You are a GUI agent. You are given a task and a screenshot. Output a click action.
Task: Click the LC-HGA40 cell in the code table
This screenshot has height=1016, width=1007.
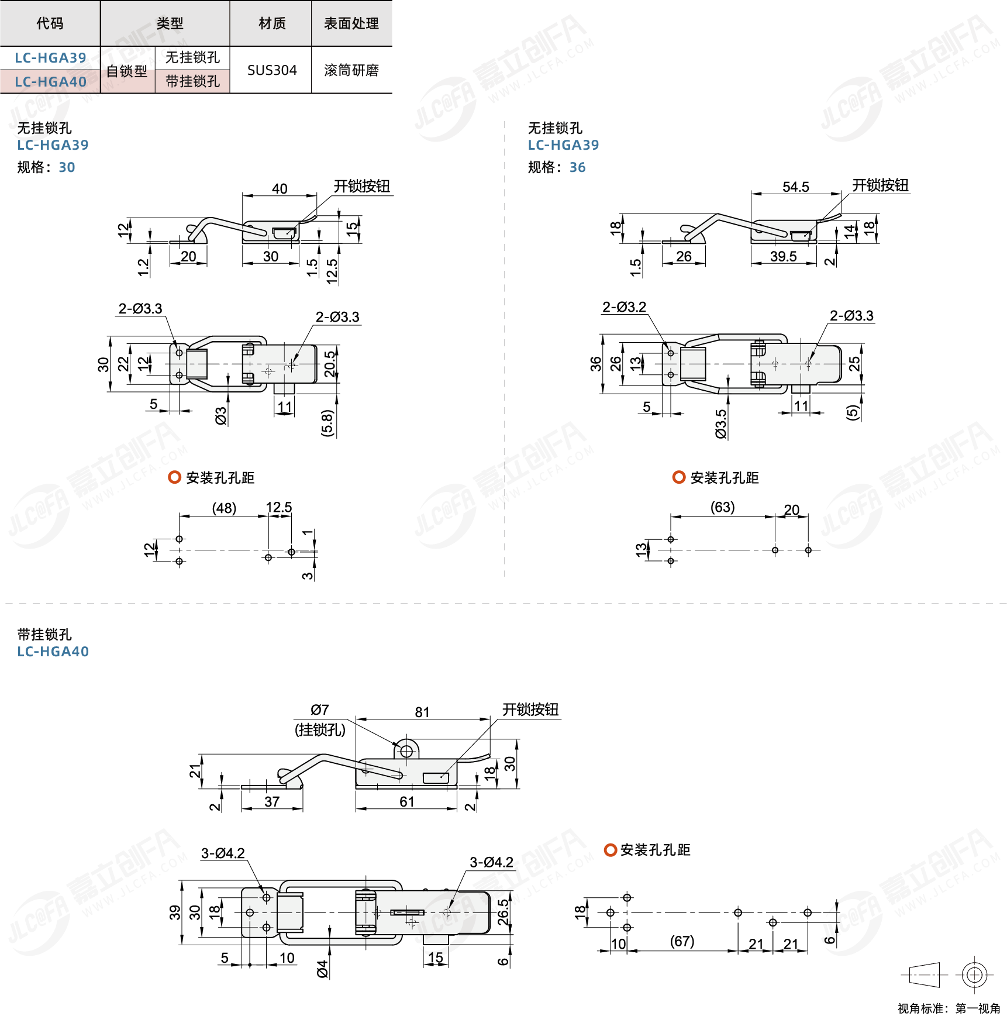click(50, 82)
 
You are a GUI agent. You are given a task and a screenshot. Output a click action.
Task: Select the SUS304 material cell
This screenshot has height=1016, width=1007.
click(272, 70)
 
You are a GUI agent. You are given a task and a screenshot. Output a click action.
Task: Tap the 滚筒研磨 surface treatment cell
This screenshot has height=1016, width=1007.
click(351, 70)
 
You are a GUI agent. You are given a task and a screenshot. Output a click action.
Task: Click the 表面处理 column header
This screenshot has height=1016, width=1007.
click(351, 23)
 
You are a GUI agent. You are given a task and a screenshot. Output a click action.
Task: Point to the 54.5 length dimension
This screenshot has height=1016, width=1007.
click(795, 187)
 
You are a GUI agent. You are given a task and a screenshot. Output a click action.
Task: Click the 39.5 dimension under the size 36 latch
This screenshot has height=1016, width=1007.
click(783, 257)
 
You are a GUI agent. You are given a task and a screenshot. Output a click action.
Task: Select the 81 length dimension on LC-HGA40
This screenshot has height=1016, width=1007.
click(422, 712)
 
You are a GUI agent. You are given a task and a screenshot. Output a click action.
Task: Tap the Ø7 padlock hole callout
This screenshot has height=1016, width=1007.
click(320, 710)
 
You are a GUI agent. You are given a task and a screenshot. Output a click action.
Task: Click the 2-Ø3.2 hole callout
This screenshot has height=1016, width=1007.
click(624, 307)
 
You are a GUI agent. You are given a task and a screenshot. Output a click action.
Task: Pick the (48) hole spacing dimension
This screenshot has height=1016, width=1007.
click(224, 508)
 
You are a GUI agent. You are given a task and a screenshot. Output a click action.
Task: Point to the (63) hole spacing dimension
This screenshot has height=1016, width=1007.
click(722, 507)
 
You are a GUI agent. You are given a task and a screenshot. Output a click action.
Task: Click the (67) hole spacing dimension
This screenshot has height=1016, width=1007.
click(682, 941)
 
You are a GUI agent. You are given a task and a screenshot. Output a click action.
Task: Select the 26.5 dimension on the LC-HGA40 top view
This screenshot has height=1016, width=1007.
click(503, 912)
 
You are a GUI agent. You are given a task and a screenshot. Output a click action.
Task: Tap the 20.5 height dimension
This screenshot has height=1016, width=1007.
click(330, 364)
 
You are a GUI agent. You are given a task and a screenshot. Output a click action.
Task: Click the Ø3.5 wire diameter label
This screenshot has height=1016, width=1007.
click(720, 424)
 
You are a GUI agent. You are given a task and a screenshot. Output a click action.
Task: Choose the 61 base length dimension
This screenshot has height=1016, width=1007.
click(407, 802)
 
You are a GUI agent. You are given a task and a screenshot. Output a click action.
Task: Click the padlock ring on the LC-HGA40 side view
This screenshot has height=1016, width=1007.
click(406, 751)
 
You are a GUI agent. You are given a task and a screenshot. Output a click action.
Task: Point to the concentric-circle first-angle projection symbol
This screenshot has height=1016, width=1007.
click(974, 974)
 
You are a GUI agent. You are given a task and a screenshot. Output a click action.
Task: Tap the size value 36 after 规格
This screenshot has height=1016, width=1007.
click(577, 168)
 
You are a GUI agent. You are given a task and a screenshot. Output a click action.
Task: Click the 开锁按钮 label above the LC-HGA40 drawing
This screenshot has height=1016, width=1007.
click(530, 710)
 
